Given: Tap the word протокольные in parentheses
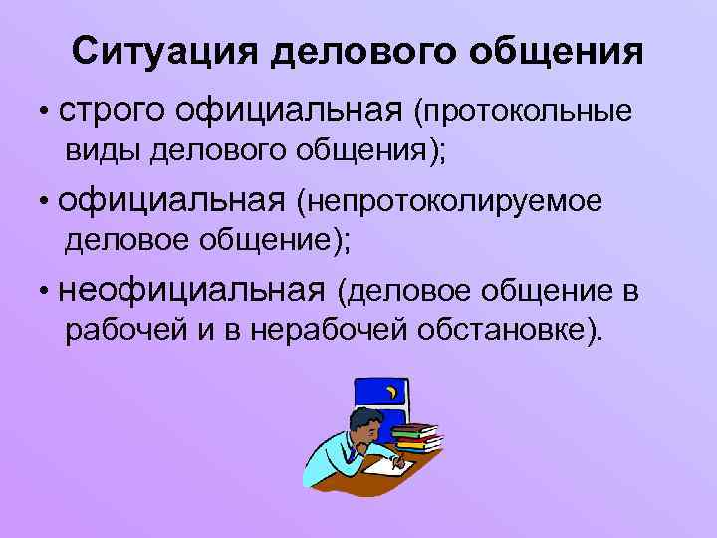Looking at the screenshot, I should pos(530,112).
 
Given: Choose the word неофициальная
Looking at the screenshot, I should pos(192,290).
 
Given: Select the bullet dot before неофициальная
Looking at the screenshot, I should pos(46,292).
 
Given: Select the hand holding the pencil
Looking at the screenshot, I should pos(400,461).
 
